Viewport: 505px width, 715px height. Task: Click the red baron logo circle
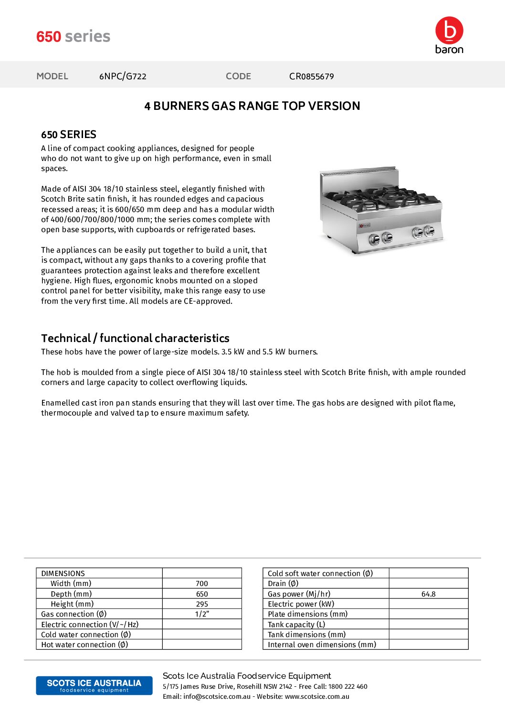(x=449, y=31)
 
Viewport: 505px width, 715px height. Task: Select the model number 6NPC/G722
(x=123, y=76)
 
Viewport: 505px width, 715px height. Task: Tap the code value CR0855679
(x=311, y=76)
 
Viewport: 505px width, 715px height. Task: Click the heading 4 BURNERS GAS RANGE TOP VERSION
(x=252, y=106)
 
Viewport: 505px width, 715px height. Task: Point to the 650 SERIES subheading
(x=69, y=135)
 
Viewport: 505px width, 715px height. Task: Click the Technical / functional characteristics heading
(x=135, y=338)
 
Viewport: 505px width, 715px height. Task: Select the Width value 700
(x=202, y=584)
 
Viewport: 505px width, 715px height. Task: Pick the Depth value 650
(x=202, y=594)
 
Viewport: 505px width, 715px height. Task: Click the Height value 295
(x=202, y=604)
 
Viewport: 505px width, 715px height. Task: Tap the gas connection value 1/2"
(x=202, y=614)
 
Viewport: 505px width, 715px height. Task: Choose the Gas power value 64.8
(x=428, y=594)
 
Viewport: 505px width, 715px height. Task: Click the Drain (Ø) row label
(x=283, y=584)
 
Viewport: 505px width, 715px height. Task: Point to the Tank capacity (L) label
(x=296, y=625)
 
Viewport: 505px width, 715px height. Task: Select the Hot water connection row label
(x=84, y=645)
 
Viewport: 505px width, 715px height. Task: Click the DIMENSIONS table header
(x=63, y=574)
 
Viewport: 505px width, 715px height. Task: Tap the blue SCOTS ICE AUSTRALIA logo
(x=94, y=685)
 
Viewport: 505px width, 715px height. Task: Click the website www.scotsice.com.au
(x=317, y=697)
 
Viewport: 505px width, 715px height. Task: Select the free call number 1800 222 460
(x=347, y=687)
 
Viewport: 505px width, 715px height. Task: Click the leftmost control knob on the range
(x=374, y=239)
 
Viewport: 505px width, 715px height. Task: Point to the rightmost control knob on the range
(x=429, y=231)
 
